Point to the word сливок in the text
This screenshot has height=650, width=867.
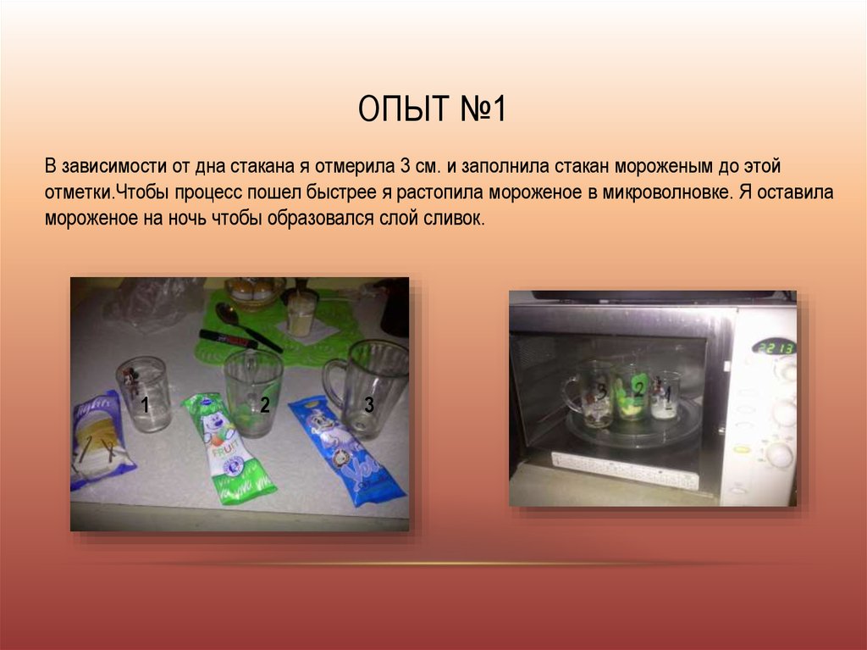456,218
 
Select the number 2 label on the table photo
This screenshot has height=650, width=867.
264,405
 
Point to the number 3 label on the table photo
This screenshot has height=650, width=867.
368,404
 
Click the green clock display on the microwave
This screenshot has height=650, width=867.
774,347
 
